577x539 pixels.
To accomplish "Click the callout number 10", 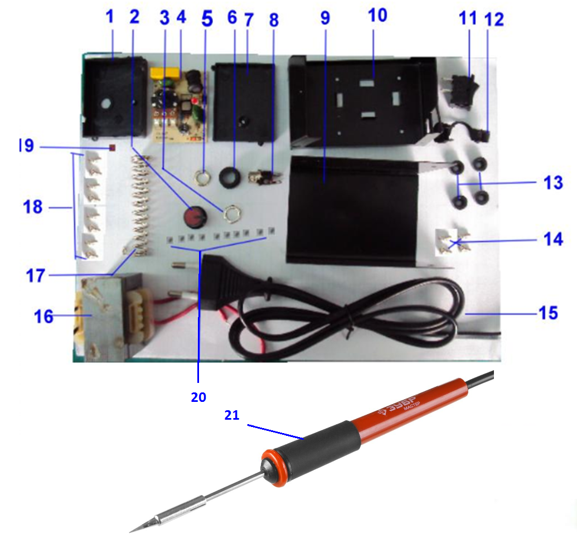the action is tap(377, 16).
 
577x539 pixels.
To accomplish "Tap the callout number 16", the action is tap(43, 317).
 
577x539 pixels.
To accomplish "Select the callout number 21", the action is tap(232, 415).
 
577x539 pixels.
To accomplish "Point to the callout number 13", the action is tap(553, 183).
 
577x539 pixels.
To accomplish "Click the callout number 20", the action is tap(198, 397).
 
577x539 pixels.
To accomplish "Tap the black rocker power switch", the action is tap(464, 91).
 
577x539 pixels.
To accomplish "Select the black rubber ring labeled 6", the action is tap(230, 177).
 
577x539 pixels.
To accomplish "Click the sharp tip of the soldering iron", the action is tap(130, 532).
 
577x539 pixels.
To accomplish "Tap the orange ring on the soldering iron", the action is tap(274, 467).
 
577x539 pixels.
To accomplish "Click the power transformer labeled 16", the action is tap(114, 317).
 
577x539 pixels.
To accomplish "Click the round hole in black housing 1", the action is tap(106, 104).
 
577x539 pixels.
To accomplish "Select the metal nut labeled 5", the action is tap(201, 178).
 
